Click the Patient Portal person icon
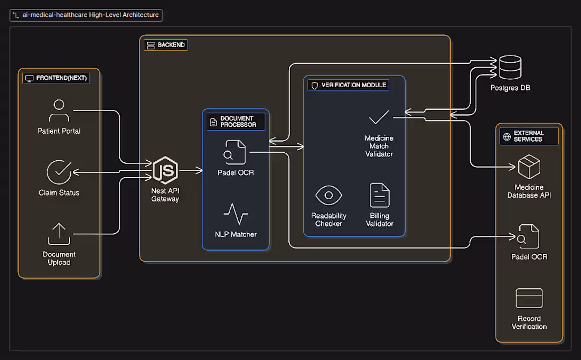point(59,110)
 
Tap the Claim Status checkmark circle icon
point(59,172)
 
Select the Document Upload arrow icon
point(59,234)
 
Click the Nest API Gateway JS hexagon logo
point(165,170)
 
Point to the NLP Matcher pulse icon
point(236,214)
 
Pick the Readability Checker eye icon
point(329,196)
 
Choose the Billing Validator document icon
point(379,195)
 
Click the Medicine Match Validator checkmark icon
point(379,117)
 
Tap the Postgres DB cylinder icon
point(510,67)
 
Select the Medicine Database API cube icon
point(529,167)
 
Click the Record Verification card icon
point(529,298)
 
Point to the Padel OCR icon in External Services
point(528,236)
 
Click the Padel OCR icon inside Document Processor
point(235,152)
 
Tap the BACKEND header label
point(166,45)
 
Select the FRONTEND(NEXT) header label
point(56,78)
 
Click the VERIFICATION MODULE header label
point(348,85)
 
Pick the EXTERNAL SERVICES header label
point(529,136)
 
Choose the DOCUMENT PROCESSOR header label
point(236,122)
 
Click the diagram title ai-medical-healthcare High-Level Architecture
point(86,15)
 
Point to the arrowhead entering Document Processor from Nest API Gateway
point(199,171)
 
